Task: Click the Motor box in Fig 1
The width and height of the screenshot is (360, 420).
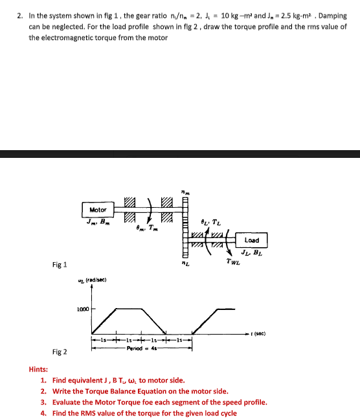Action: point(98,210)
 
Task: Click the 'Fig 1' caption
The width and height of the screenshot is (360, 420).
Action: point(60,265)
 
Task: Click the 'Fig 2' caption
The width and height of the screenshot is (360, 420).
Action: point(60,351)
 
